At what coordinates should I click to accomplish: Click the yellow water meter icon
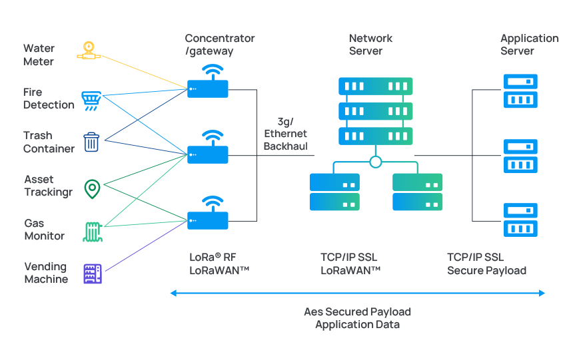pos(89,51)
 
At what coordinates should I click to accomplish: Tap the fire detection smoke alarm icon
pos(91,100)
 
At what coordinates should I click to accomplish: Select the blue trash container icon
pos(91,142)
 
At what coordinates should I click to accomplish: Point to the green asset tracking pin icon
pos(92,189)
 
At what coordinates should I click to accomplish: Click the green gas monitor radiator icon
pos(92,232)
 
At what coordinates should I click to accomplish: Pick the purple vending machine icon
pos(92,273)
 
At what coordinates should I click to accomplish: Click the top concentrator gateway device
pos(208,87)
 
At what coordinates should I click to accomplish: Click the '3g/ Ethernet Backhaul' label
pos(286,134)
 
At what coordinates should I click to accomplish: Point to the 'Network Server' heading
pos(370,45)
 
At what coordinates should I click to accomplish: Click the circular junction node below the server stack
pos(376,162)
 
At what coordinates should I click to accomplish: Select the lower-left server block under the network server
pos(334,192)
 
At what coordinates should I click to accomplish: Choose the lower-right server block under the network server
pos(418,192)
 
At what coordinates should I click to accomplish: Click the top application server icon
pos(520,91)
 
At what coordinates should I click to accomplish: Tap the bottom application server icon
pos(520,220)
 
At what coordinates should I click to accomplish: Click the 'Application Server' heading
pos(529,45)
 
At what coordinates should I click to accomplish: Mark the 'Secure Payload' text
pos(486,271)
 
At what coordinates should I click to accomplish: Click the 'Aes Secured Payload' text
pos(358,311)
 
